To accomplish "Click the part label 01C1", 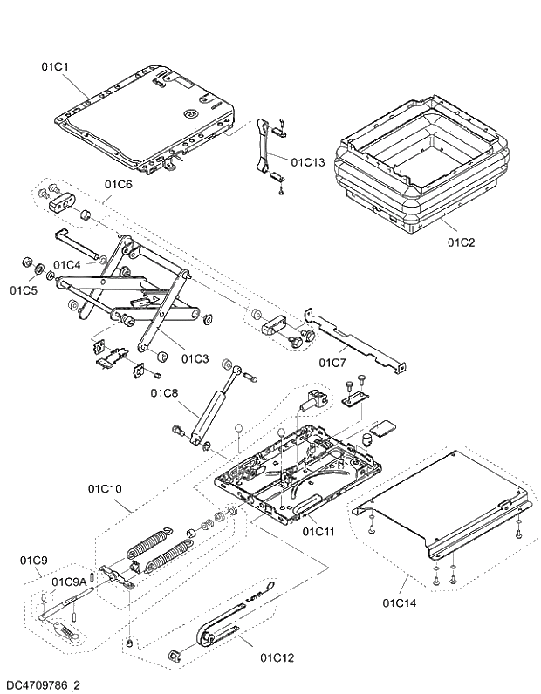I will (56, 66).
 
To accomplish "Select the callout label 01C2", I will (460, 242).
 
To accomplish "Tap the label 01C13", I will (307, 161).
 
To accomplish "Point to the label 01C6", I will (118, 184).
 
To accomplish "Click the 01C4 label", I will (67, 264).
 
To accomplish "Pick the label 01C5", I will (24, 289).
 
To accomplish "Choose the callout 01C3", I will (195, 358).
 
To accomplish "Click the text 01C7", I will (332, 361).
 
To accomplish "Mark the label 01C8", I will (163, 393).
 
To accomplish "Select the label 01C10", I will (104, 489).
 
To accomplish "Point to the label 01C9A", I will (68, 582).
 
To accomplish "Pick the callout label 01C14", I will (400, 602).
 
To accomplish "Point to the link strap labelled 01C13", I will (262, 148).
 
